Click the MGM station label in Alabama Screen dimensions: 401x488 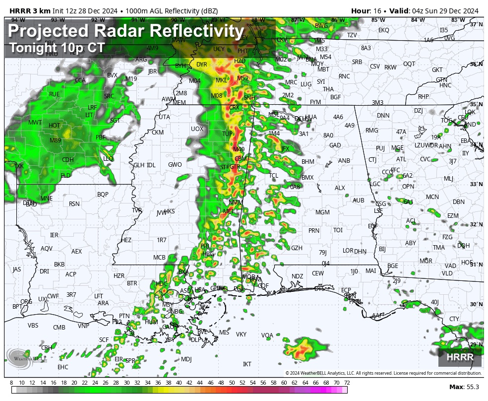[x=322, y=212]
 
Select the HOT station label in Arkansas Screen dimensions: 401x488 [x=54, y=126]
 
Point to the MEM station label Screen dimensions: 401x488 [x=179, y=103]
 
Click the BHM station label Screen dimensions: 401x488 [x=308, y=162]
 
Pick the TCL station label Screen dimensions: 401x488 [x=274, y=176]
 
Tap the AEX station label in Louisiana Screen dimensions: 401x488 [x=76, y=252]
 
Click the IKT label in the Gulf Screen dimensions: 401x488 [x=247, y=364]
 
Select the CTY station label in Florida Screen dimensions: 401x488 [x=454, y=319]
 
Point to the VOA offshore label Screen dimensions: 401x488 [x=267, y=335]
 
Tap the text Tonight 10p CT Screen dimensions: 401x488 [x=57, y=48]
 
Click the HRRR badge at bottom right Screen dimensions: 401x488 [x=460, y=357]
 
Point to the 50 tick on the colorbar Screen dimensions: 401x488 [x=232, y=383]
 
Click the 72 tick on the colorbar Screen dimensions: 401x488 [x=347, y=383]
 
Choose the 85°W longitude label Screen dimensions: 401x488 [x=378, y=20]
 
